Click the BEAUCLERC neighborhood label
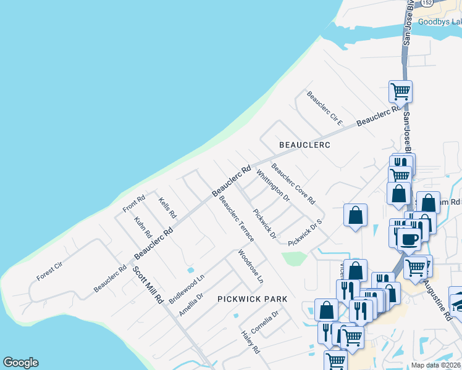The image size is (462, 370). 304,145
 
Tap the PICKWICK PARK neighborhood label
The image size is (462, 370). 252,299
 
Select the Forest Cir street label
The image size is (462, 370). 50,272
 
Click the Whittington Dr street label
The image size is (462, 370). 272,186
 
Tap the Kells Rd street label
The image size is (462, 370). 167,208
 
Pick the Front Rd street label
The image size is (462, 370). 133,203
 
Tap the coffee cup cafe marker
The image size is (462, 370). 408,238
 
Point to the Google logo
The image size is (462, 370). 20,363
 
